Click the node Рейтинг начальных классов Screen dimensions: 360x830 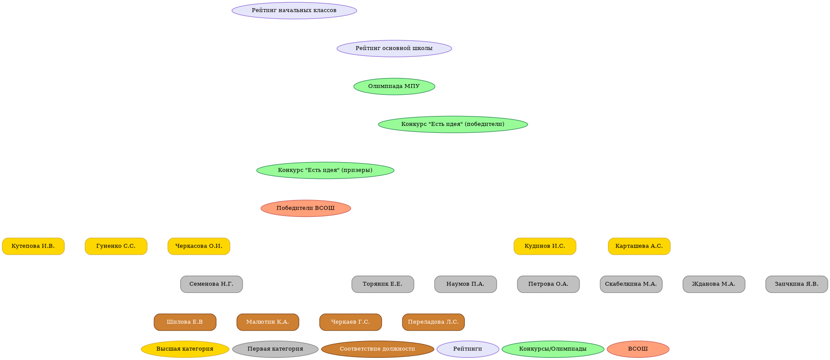(x=294, y=10)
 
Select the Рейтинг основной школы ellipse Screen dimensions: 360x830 (x=394, y=48)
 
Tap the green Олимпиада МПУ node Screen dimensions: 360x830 (x=394, y=86)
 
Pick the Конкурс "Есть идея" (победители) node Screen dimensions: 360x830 (x=453, y=124)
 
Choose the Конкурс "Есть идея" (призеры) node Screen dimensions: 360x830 (x=325, y=170)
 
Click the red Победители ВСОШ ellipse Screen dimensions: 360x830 (x=306, y=208)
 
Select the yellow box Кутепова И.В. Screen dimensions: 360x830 (x=33, y=246)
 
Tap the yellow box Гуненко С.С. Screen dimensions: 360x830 (x=116, y=246)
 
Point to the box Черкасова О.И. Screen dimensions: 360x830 (x=199, y=246)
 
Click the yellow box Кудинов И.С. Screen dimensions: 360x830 (x=545, y=246)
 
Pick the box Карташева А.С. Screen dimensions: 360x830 (x=639, y=246)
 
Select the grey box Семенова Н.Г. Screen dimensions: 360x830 (x=211, y=284)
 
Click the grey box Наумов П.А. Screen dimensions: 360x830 (x=466, y=284)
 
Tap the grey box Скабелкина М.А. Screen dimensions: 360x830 (x=631, y=284)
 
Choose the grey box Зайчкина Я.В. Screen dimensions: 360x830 (x=797, y=284)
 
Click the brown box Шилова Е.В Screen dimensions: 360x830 (x=185, y=322)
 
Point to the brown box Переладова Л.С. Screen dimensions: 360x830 (x=433, y=322)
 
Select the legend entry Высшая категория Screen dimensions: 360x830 (x=185, y=349)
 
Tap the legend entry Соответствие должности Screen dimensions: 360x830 (x=377, y=349)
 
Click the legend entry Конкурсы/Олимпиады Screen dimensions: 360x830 (x=553, y=349)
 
